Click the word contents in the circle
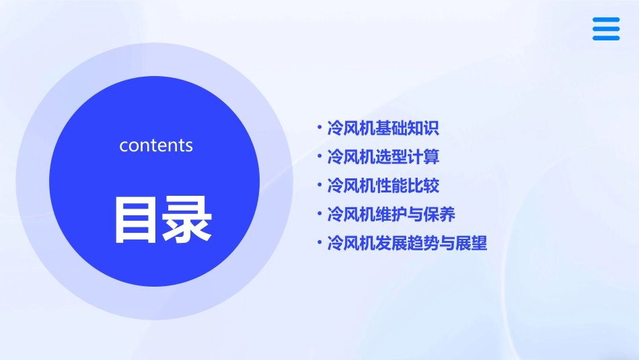pyautogui.click(x=156, y=145)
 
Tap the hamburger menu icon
pyautogui.click(x=606, y=29)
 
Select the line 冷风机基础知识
pyautogui.click(x=383, y=129)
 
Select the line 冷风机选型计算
pyautogui.click(x=383, y=157)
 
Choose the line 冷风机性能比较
pyautogui.click(x=383, y=186)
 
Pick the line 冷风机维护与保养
pyautogui.click(x=391, y=215)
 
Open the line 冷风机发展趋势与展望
pyautogui.click(x=406, y=243)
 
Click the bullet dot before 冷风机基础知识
pyautogui.click(x=319, y=128)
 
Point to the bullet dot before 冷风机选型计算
pyautogui.click(x=319, y=157)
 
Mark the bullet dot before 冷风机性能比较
pyautogui.click(x=319, y=185)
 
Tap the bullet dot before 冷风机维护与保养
pyautogui.click(x=319, y=214)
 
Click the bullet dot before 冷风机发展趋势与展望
pyautogui.click(x=319, y=242)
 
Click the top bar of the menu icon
pyautogui.click(x=606, y=20)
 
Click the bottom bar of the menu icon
pyautogui.click(x=606, y=38)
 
